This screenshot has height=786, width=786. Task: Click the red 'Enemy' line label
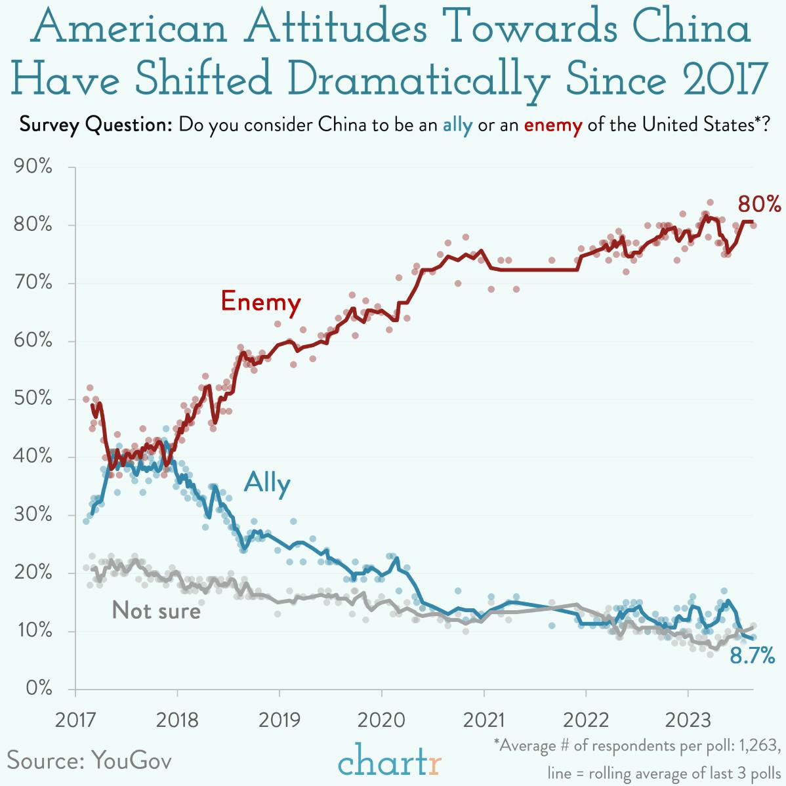[260, 302]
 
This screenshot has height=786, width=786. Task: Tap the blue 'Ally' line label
[267, 483]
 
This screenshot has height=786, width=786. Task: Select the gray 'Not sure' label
[156, 610]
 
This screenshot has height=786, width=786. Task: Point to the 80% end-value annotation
[759, 205]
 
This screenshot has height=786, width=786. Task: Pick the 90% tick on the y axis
[33, 167]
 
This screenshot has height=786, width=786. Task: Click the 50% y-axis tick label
[33, 399]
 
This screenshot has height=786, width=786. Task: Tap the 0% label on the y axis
[38, 688]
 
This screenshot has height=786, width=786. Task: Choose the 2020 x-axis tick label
[382, 720]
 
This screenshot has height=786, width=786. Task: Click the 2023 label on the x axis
[688, 720]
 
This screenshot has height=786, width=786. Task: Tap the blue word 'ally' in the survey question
[457, 125]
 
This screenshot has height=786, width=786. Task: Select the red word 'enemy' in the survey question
[552, 125]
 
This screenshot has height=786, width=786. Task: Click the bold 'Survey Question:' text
[96, 125]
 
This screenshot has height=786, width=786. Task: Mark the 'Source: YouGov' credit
[89, 760]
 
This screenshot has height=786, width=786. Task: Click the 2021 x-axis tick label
[484, 720]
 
